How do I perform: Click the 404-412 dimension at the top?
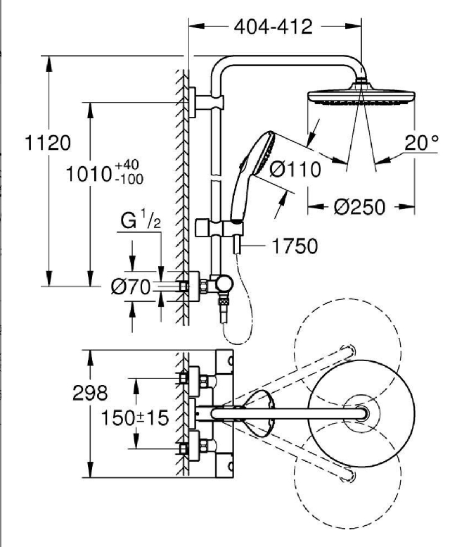[x=273, y=27]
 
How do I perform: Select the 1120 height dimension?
[x=48, y=143]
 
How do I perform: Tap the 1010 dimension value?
[x=88, y=174]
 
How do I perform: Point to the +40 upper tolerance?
[x=127, y=164]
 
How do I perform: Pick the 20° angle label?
[x=421, y=142]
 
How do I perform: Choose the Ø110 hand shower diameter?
[x=295, y=170]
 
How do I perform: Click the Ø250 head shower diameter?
[x=359, y=207]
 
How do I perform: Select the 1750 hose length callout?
[x=295, y=246]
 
